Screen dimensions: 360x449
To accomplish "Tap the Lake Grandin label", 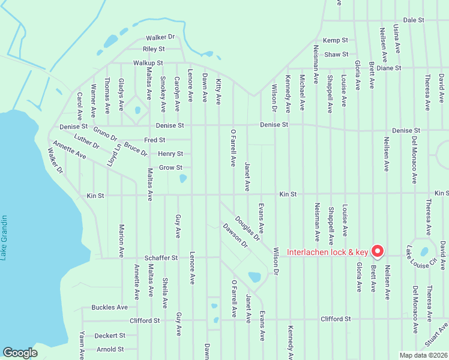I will click(x=4, y=237).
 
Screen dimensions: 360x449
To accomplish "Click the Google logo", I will click(x=20, y=353).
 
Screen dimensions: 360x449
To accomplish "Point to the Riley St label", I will click(x=154, y=49).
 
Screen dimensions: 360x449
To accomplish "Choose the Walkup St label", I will click(x=148, y=63).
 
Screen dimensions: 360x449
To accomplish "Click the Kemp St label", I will click(x=336, y=40).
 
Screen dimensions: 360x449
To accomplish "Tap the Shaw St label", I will click(x=336, y=55).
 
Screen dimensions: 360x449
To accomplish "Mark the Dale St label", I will click(x=414, y=20).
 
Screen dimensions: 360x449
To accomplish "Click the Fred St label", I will click(x=154, y=140).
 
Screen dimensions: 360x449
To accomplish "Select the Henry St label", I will click(x=170, y=154).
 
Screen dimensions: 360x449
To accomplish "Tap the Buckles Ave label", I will click(x=110, y=307).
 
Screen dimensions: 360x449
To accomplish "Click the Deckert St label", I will click(x=110, y=335).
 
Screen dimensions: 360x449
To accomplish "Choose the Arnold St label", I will click(x=109, y=349).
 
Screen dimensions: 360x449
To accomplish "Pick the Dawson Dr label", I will click(x=235, y=235).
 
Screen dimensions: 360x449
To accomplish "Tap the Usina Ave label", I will click(x=396, y=37).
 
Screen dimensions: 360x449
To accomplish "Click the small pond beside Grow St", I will click(x=182, y=178).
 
